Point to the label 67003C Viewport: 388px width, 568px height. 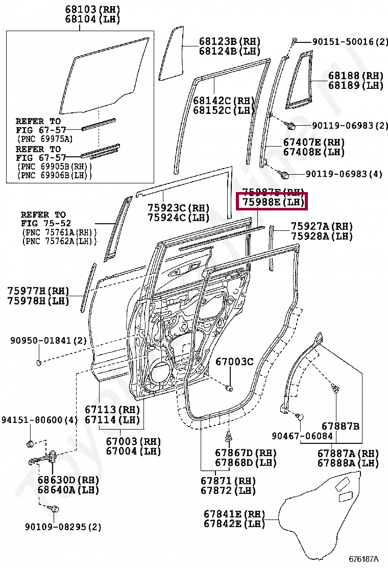pyautogui.click(x=234, y=362)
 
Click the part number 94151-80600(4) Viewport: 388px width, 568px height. pyautogui.click(x=39, y=420)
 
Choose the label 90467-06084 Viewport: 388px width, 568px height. pyautogui.click(x=302, y=436)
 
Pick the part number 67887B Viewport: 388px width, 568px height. pyautogui.click(x=341, y=426)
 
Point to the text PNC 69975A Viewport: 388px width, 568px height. pyautogui.click(x=45, y=138)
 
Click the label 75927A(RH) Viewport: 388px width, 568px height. pyautogui.click(x=322, y=226)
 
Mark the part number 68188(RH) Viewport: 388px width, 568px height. pyautogui.click(x=355, y=76)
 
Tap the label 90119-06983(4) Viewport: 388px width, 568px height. pyautogui.click(x=344, y=174)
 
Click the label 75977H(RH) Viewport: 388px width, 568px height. pyautogui.click(x=38, y=291)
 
